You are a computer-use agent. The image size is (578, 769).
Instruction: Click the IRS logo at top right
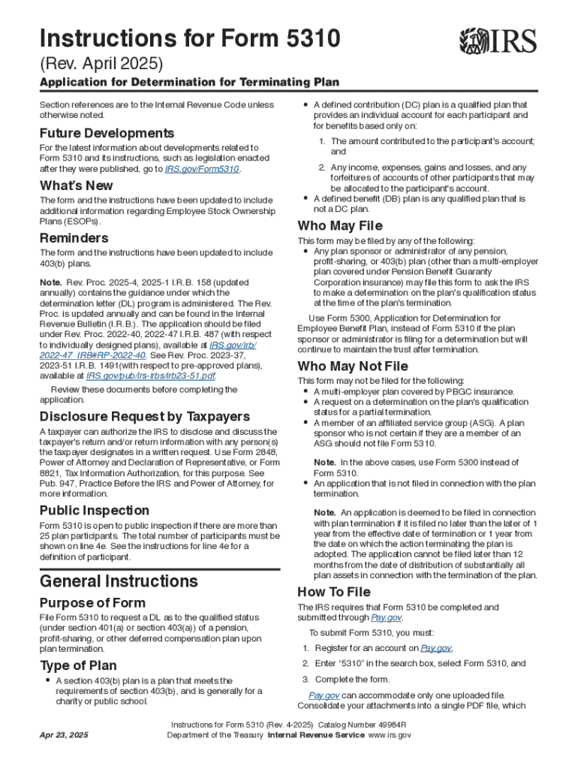[x=498, y=41]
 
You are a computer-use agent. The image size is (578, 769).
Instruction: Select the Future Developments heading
[x=107, y=133]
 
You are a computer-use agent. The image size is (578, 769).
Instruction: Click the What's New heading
[x=76, y=185]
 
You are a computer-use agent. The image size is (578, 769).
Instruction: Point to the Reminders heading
[x=74, y=238]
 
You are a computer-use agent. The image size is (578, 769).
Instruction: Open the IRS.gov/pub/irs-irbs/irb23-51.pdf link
[x=151, y=375]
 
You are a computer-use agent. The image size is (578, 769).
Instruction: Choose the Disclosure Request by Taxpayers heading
[x=145, y=417]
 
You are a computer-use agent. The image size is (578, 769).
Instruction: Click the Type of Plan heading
[x=78, y=665]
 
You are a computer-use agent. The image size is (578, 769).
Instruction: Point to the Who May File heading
[x=340, y=226]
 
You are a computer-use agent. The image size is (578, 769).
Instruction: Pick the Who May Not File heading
[x=353, y=366]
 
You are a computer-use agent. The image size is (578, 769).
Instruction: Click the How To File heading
[x=334, y=592]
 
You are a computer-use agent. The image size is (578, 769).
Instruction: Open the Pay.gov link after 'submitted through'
[x=387, y=617]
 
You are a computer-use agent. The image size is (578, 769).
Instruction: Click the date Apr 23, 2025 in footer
[x=64, y=735]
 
